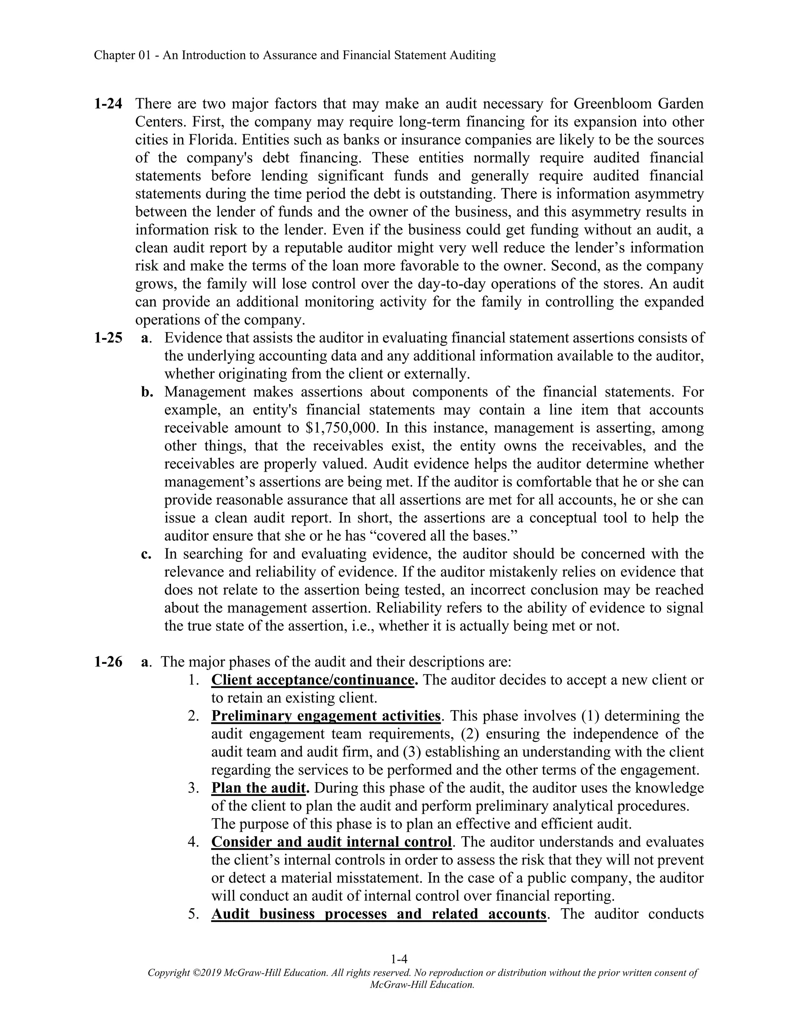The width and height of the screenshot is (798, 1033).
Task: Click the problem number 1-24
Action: pyautogui.click(x=108, y=104)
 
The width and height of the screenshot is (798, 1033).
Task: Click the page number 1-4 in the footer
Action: pyautogui.click(x=399, y=959)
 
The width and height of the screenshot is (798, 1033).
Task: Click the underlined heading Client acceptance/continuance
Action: pyautogui.click(x=312, y=680)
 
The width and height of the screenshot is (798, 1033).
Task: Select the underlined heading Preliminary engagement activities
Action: pyautogui.click(x=326, y=716)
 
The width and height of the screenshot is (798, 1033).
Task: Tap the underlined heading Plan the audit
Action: pyautogui.click(x=258, y=787)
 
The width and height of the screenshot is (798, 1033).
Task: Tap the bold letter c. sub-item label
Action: pyautogui.click(x=146, y=554)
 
